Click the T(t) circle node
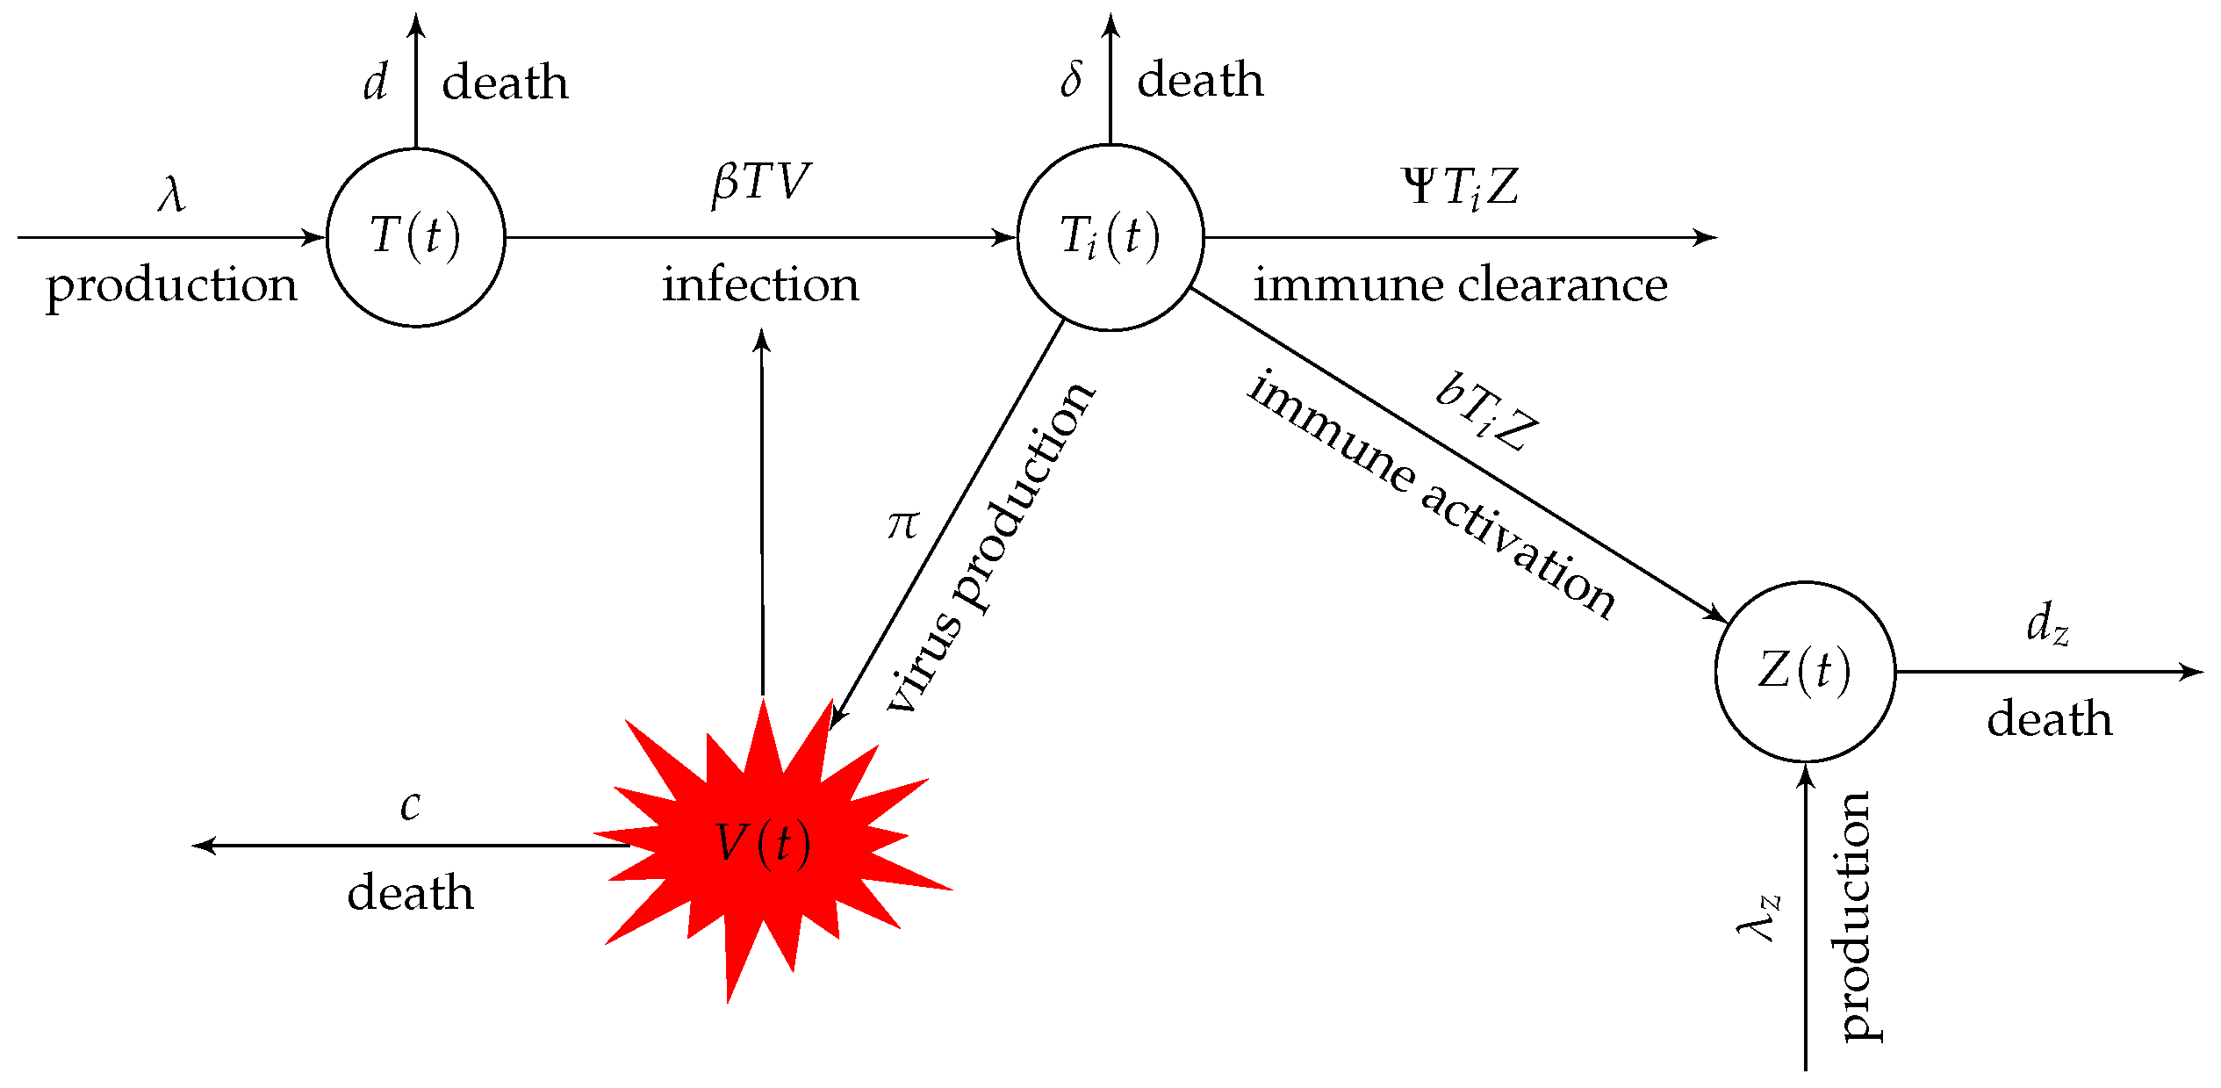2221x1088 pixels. click(416, 237)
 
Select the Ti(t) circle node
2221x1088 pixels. click(1110, 237)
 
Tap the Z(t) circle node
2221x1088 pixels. click(1805, 672)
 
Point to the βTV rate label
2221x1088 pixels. click(760, 184)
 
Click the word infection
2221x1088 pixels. click(760, 285)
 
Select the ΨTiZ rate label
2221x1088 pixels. click(1461, 187)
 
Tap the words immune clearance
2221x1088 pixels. click(1460, 285)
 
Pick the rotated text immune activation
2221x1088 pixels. click(1431, 496)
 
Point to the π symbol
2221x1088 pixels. click(902, 525)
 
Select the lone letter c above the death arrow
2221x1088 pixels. click(410, 805)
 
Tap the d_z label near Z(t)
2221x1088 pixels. click(2047, 624)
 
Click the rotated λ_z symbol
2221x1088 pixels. click(1759, 919)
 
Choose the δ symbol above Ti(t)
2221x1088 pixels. click(1071, 79)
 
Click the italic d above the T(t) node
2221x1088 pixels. click(375, 83)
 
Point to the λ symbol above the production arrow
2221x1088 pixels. click(172, 193)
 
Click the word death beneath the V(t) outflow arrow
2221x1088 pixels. click(410, 893)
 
